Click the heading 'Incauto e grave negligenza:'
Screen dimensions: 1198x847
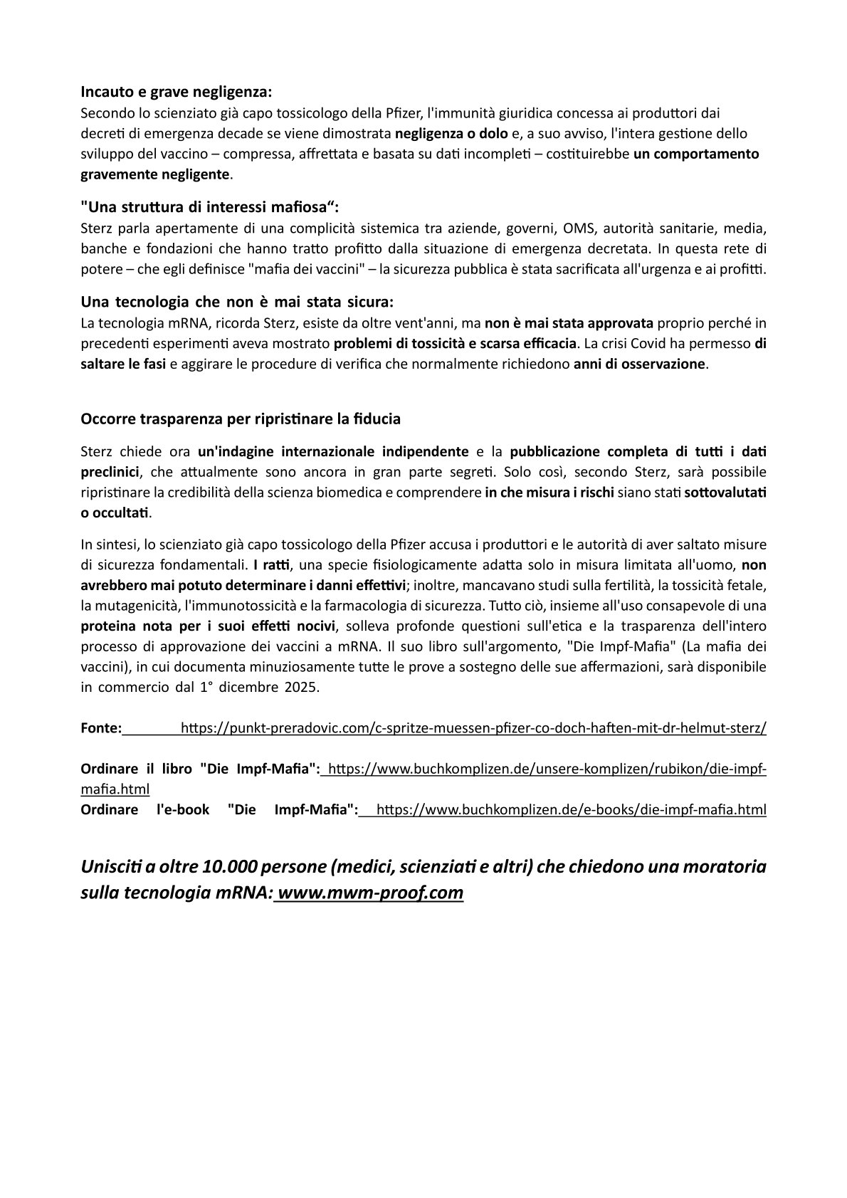pos(176,92)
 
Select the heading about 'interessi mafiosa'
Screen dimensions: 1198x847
pos(211,207)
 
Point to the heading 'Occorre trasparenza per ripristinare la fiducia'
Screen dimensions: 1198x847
pos(241,419)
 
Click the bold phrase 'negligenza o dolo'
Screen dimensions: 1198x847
pos(447,133)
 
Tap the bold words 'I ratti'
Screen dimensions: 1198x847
pos(273,566)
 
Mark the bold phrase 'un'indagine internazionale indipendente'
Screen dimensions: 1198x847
pos(333,451)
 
